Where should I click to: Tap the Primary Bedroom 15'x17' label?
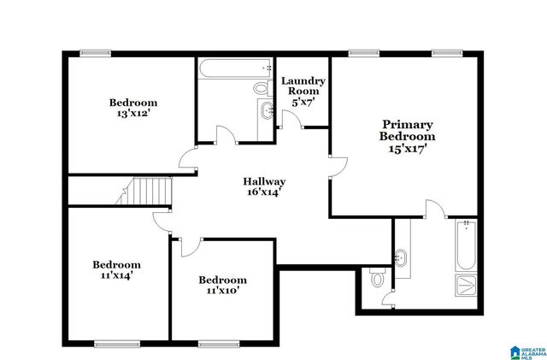tap(408, 136)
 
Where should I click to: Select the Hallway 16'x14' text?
tap(264, 187)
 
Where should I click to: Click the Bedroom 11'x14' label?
tap(116, 270)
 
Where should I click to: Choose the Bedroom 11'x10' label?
tap(222, 285)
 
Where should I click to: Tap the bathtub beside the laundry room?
tap(236, 68)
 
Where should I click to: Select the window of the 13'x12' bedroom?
tap(96, 53)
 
